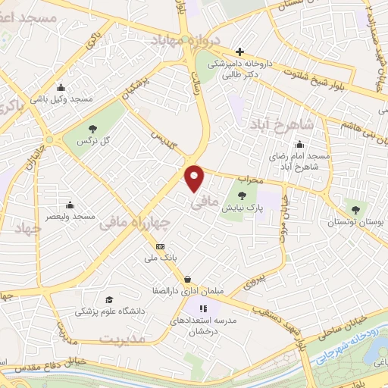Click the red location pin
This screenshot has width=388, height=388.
point(195,178)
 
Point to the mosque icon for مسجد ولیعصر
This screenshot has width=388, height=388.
point(70,205)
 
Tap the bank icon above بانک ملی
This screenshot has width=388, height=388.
point(160,246)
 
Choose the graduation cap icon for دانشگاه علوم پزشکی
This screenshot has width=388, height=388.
point(109,299)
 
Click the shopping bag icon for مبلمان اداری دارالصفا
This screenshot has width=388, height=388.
point(187,279)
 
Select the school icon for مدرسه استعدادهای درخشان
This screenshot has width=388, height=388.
point(202,308)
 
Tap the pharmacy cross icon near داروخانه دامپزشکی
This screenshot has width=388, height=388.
point(240,52)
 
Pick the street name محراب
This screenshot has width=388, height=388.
point(249,180)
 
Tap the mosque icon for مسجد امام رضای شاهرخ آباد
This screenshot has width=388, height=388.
point(300,145)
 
